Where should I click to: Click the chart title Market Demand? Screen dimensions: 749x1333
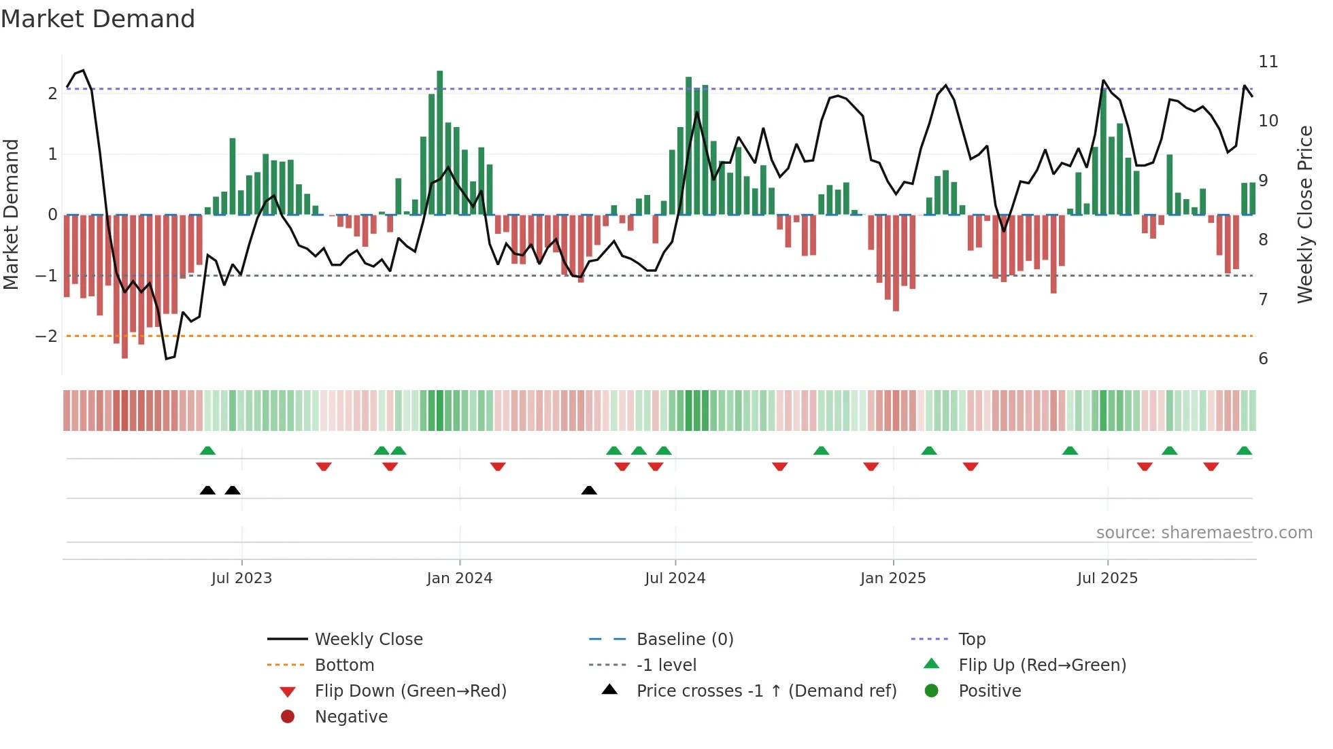tap(98, 19)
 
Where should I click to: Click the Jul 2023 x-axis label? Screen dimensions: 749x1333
tap(241, 578)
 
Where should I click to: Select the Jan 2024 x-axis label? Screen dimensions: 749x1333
tap(459, 578)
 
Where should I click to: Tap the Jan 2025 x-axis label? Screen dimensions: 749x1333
tap(892, 578)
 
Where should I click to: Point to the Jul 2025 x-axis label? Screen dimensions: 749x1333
tap(1107, 578)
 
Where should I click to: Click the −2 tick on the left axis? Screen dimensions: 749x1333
tap(46, 336)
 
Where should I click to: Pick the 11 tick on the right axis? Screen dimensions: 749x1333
tap(1268, 62)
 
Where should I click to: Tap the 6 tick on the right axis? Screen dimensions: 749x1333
tap(1263, 359)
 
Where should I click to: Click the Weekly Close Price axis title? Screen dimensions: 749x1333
tap(1304, 214)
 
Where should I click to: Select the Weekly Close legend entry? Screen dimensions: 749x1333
tap(368, 640)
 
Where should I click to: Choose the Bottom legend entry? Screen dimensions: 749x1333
tap(344, 665)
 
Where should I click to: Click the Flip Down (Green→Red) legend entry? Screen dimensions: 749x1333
tap(410, 691)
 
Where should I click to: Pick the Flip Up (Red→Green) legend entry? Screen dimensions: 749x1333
tap(1042, 665)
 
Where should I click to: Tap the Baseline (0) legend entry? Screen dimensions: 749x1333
tap(684, 640)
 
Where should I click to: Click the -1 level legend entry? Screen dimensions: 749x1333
tap(666, 665)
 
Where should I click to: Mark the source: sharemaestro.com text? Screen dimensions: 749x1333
tap(1204, 533)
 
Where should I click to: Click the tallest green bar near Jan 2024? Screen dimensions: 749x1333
tap(440, 143)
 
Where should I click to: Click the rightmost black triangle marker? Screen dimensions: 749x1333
tap(589, 490)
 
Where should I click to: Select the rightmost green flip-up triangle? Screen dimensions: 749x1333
tap(1244, 451)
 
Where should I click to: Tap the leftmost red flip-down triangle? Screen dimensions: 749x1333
tap(324, 466)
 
